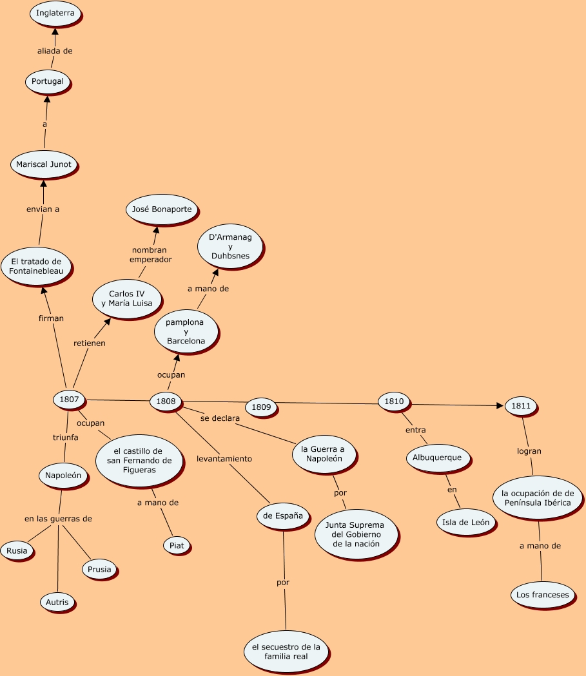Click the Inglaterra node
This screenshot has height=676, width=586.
click(55, 13)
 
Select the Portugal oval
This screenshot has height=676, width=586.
click(48, 81)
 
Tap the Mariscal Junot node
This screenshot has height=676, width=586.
click(44, 164)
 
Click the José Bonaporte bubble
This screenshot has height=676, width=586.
click(162, 209)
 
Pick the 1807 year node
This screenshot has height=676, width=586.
click(69, 400)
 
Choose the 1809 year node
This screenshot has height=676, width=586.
click(261, 407)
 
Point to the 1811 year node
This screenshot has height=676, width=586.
click(521, 406)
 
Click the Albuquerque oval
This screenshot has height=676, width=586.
click(438, 458)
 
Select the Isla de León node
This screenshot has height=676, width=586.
click(465, 522)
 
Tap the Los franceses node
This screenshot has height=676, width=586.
click(543, 594)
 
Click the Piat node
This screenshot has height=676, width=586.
click(177, 545)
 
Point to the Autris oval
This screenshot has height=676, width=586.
click(57, 603)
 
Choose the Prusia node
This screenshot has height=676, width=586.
click(99, 569)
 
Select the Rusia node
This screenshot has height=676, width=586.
click(17, 551)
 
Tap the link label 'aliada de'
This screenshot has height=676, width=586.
click(55, 51)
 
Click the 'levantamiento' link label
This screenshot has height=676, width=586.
click(224, 459)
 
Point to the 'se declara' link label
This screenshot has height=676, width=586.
click(220, 418)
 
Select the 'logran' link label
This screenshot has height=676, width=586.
click(529, 451)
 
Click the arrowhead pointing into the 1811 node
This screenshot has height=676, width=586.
click(500, 405)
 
